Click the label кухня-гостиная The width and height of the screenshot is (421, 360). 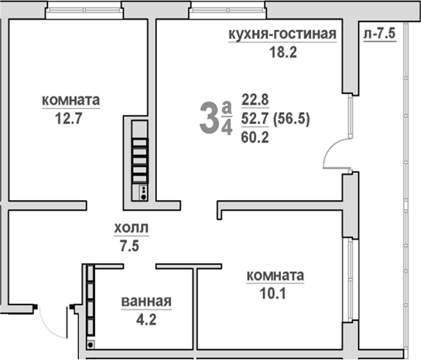point(283,35)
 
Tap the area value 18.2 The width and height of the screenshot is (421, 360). point(283,52)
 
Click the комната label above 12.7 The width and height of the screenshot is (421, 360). point(71,101)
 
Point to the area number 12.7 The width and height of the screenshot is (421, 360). point(69,117)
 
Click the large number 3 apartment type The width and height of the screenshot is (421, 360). point(208,117)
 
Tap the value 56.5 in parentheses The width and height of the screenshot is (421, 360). point(291,118)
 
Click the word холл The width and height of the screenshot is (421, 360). point(131,227)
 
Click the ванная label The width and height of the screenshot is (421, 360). point(146,301)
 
